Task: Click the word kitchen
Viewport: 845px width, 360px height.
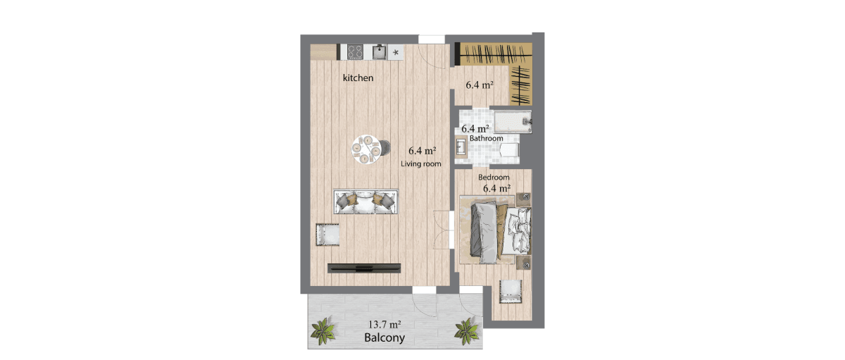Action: (358, 77)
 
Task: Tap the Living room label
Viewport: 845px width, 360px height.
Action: (420, 163)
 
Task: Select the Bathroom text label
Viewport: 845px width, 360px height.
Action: (487, 138)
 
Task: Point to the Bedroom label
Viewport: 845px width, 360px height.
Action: (494, 177)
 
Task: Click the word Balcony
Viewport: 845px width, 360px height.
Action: (384, 337)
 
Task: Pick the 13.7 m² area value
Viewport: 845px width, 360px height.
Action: (384, 324)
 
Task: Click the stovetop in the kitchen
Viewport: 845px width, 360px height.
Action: (355, 52)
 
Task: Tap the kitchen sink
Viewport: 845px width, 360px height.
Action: (380, 52)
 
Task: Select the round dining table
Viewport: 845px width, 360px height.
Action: (102, 149)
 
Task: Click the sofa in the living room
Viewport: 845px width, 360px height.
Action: (366, 202)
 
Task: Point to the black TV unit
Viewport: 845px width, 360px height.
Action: (364, 268)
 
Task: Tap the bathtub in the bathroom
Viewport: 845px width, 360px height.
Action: (513, 121)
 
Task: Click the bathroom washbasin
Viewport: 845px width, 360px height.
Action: (461, 147)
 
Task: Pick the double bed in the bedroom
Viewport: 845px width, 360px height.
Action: (500, 232)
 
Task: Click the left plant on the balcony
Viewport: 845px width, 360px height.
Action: (323, 331)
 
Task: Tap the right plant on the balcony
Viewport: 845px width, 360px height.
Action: (467, 331)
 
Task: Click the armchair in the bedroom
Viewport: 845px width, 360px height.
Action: (511, 292)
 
